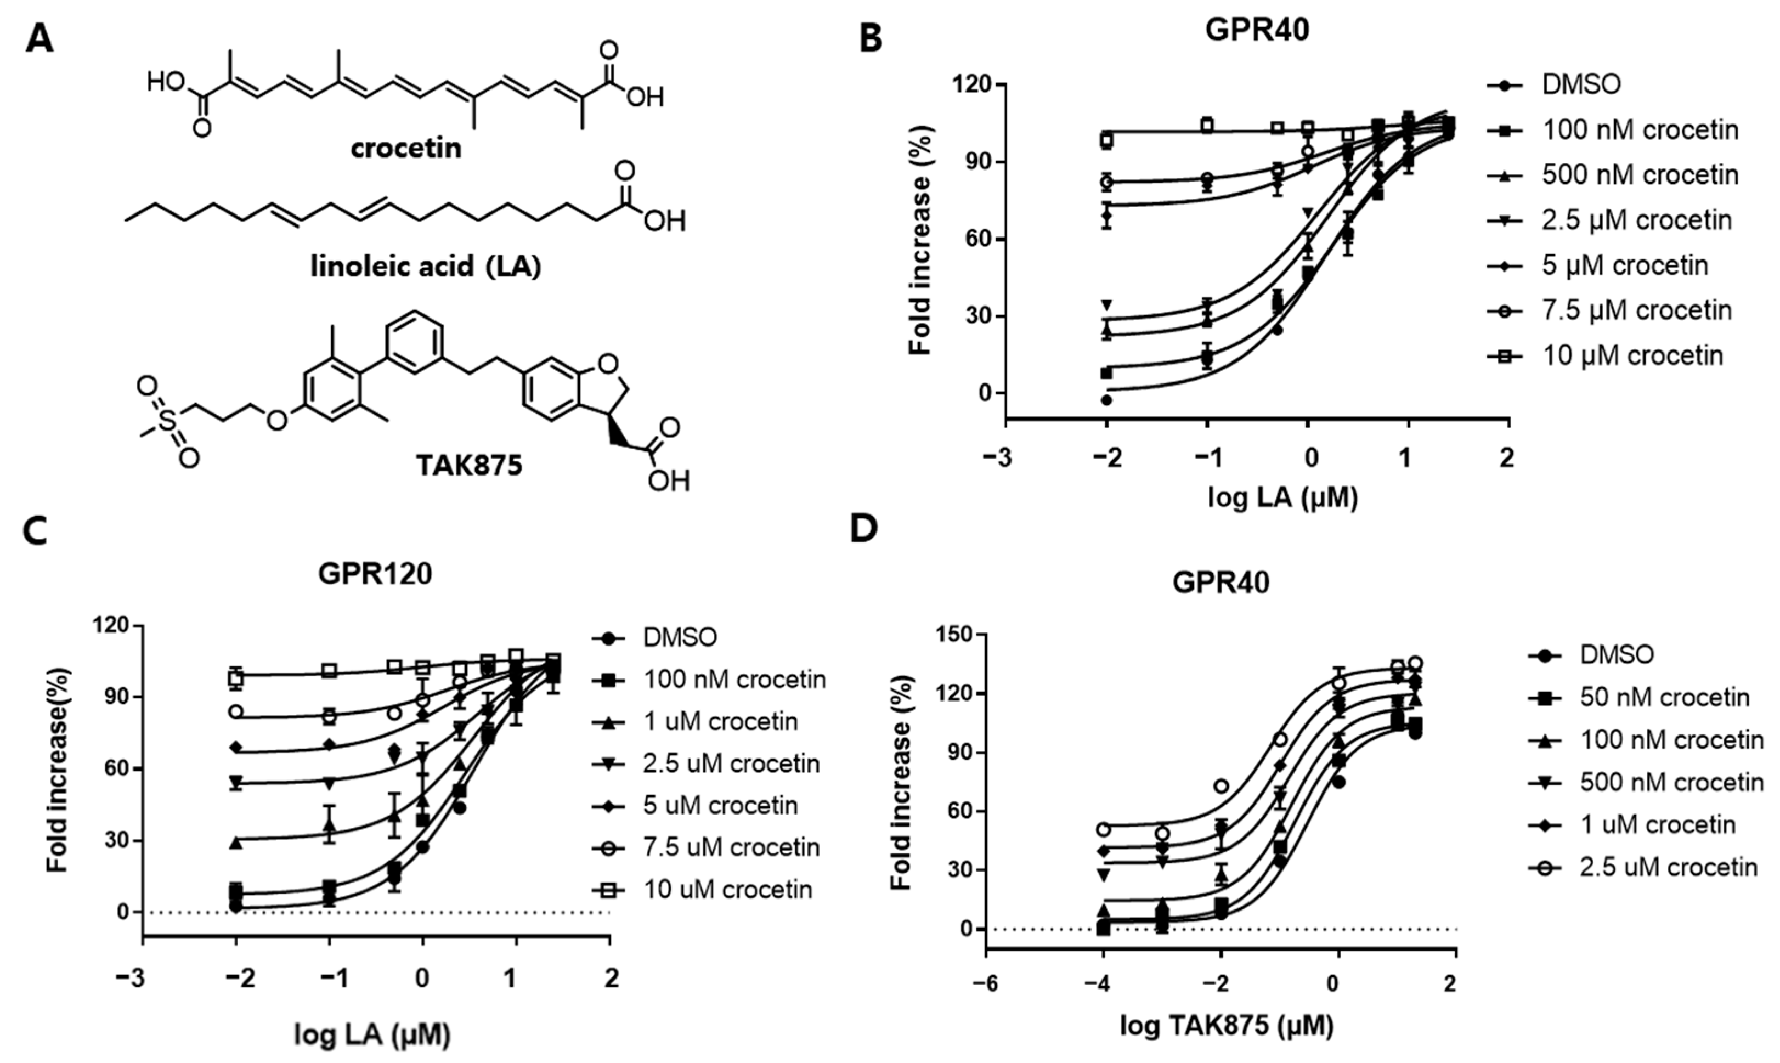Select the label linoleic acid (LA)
tap(426, 267)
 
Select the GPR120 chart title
tap(375, 574)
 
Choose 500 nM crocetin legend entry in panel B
tap(1640, 175)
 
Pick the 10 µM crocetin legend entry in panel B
tap(1632, 355)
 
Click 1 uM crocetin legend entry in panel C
tap(721, 721)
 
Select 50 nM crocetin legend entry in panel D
tap(1665, 697)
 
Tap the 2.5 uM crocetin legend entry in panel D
tap(1668, 867)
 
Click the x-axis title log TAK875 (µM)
tap(1227, 1026)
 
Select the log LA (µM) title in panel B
tap(1282, 496)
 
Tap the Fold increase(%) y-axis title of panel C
tap(58, 771)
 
